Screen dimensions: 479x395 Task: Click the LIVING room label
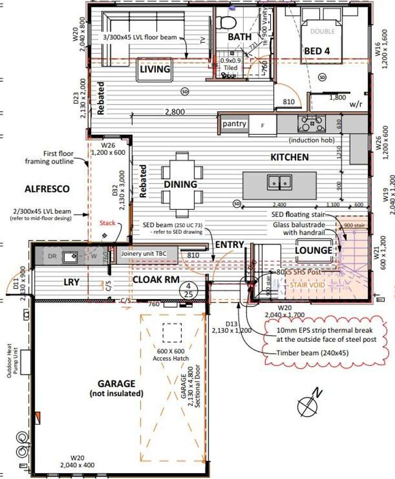[155, 69]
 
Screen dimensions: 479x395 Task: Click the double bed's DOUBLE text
[322, 32]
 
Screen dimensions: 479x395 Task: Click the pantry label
[234, 123]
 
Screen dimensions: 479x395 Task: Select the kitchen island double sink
[279, 182]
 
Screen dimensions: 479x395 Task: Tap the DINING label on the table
[180, 184]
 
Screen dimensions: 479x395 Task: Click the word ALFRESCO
[47, 188]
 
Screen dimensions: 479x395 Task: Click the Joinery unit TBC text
[144, 254]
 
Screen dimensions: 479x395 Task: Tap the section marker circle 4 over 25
[187, 290]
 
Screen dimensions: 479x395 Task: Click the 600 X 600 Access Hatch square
[170, 334]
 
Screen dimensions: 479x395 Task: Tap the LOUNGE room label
[314, 250]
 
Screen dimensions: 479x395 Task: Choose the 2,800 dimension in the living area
[174, 112]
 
